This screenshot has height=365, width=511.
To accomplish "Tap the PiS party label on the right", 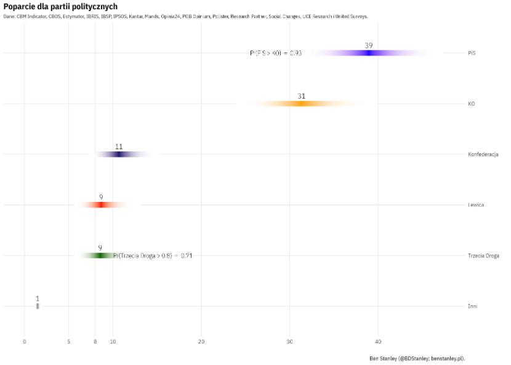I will (x=472, y=53).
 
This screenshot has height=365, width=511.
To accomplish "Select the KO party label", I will (x=471, y=104).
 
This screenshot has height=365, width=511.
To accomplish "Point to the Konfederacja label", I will (x=483, y=154).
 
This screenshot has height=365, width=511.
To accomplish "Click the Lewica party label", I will (x=476, y=205).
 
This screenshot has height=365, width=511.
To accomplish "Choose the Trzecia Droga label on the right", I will (x=483, y=255).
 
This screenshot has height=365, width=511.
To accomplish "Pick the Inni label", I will (x=472, y=306).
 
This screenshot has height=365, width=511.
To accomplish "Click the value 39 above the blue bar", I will (x=368, y=46).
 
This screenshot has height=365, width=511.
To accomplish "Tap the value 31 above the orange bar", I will (x=301, y=96).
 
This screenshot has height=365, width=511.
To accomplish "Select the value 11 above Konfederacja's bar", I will (x=119, y=146).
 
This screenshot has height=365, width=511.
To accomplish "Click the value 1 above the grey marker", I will (x=38, y=298).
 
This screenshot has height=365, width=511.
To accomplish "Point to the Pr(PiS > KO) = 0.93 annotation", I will (x=276, y=54).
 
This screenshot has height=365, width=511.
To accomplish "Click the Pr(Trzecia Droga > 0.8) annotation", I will (x=153, y=255).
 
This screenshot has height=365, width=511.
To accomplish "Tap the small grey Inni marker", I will (x=38, y=306).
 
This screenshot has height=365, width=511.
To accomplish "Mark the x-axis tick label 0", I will (x=25, y=342).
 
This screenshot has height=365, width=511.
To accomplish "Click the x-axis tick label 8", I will (x=95, y=342).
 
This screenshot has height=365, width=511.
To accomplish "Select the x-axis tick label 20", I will (x=201, y=342).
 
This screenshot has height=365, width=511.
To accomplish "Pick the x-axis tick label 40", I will (x=378, y=342).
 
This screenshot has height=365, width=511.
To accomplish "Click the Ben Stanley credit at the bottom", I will (x=417, y=358).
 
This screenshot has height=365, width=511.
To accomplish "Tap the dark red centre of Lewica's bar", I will (x=101, y=205).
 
